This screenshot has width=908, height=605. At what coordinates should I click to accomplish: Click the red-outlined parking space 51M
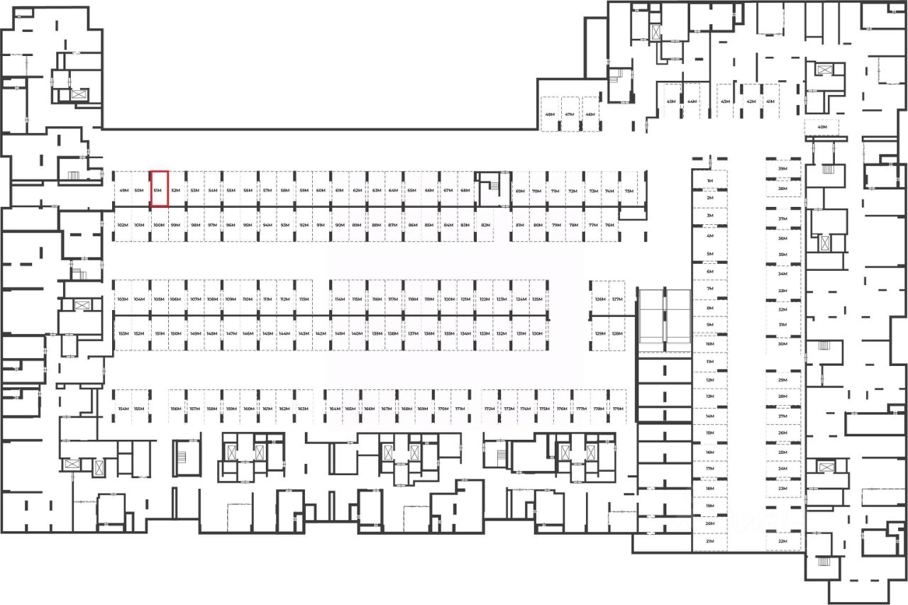point(159,189)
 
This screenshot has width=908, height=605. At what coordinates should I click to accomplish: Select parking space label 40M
point(822,128)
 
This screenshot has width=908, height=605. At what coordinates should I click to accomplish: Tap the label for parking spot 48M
point(550,115)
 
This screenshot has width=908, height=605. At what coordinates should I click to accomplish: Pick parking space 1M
point(709,182)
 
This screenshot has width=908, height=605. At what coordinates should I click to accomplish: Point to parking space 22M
point(782,541)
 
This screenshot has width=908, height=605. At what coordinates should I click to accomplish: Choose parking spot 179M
point(618,409)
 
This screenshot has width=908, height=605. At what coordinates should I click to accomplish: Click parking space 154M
point(123,409)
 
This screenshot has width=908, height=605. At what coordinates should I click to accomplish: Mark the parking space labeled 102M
point(122,226)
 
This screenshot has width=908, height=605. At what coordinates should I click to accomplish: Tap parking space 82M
point(485,226)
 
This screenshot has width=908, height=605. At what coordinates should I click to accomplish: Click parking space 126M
point(600,299)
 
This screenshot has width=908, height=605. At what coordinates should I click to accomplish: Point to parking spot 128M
point(616,333)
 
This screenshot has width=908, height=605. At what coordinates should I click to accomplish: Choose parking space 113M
point(303,299)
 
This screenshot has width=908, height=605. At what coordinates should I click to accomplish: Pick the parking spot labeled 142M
point(321,333)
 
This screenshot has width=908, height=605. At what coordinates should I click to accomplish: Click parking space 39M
point(782,170)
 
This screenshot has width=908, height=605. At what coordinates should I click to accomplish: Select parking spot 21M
point(709,541)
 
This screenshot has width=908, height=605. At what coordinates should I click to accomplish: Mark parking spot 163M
point(303,409)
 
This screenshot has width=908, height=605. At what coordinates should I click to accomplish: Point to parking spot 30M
point(782,344)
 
